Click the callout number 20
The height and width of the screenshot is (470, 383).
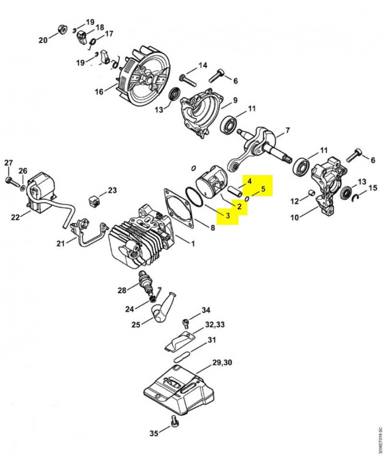tap(42, 40)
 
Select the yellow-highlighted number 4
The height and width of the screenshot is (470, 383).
tap(249, 181)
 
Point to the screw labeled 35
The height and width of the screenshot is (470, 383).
tap(174, 420)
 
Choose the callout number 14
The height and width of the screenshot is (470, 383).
tap(203, 65)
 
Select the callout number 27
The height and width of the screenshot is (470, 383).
tap(8, 163)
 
